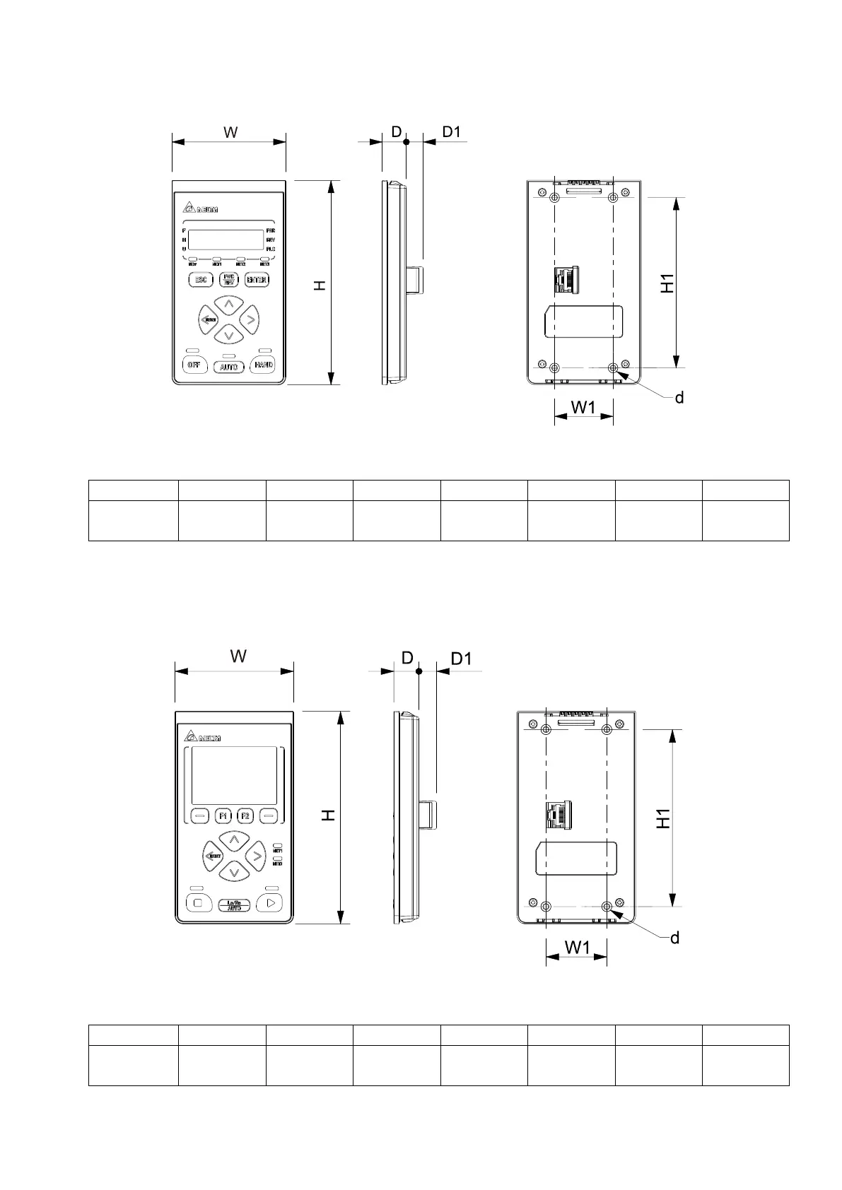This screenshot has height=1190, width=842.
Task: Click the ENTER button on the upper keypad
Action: pos(257,280)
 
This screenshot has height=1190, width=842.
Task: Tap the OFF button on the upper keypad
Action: pos(194,365)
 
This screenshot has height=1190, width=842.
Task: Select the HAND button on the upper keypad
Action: pos(263,365)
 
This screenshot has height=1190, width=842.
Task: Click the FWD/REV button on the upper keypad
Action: pos(228,280)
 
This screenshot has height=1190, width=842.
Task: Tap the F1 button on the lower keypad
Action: pos(223,815)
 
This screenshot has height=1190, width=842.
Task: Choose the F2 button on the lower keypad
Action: pos(245,815)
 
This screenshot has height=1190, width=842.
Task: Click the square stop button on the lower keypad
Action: pos(198,903)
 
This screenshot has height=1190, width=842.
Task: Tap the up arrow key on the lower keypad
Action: pos(233,841)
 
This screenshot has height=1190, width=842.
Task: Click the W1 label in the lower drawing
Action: pos(577,948)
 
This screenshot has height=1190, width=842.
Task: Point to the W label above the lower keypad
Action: pos(238,656)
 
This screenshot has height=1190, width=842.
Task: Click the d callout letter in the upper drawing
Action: pos(679,398)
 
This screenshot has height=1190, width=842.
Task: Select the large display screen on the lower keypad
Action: pos(234,775)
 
